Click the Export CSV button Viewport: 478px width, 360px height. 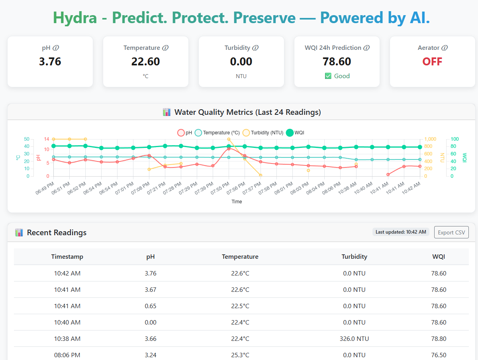pos(451,232)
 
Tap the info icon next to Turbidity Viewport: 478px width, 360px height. pos(255,48)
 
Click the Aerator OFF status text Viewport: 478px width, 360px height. pos(432,61)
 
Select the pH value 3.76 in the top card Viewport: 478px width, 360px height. pos(50,61)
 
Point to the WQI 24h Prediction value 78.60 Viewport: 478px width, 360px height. pos(337,61)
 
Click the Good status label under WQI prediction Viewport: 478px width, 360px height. pos(337,76)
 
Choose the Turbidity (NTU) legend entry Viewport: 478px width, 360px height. pos(263,133)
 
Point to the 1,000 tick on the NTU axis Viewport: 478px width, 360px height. pos(430,139)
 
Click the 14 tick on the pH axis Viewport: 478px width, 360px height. pos(47,139)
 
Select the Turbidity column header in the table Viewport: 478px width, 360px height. pos(354,257)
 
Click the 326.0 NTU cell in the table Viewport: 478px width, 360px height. pos(354,339)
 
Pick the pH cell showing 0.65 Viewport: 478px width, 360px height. pos(151,306)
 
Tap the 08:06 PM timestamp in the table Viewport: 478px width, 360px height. pos(67,355)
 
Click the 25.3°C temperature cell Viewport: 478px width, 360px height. pos(240,355)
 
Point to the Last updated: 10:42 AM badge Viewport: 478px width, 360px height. pos(401,232)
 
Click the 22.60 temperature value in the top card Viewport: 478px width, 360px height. pos(145,61)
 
